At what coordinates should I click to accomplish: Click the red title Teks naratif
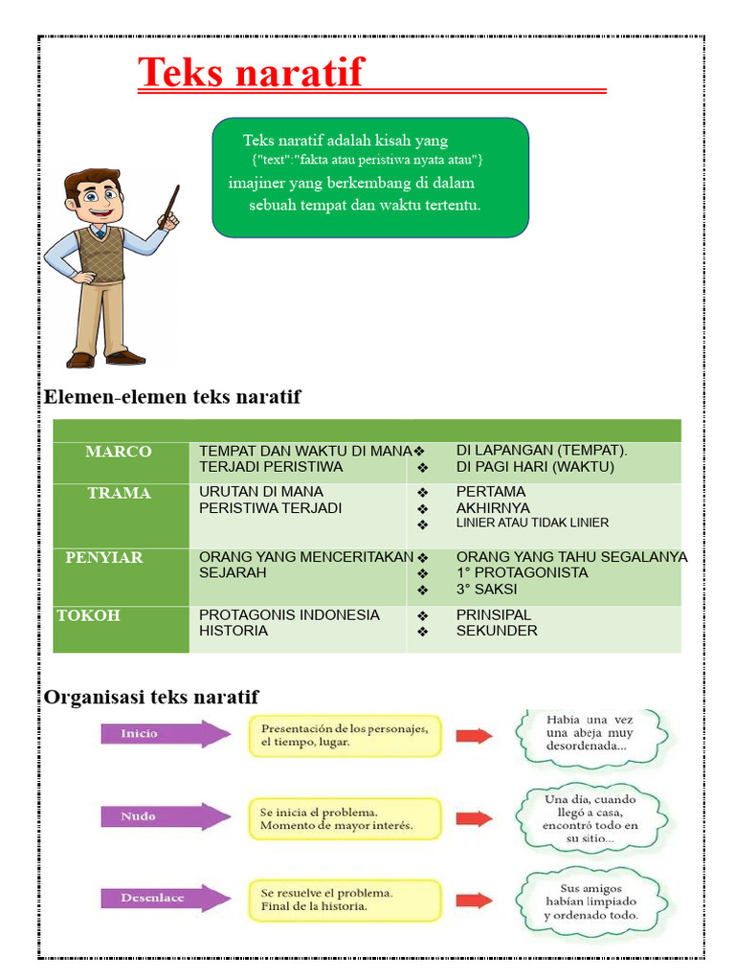251,73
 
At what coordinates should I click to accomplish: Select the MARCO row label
118,452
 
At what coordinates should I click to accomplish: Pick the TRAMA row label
119,493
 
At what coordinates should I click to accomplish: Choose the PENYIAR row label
103,557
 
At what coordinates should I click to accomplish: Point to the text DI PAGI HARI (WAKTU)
534,467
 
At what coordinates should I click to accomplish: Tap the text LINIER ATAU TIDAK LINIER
532,523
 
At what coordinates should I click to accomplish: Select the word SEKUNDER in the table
497,631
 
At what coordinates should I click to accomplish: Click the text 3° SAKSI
486,590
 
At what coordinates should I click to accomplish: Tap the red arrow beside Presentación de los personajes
473,735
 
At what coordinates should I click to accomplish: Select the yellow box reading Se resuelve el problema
345,900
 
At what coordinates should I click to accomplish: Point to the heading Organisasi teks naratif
151,697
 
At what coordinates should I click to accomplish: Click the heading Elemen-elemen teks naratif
172,396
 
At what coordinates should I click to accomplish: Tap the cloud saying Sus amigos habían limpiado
590,902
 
